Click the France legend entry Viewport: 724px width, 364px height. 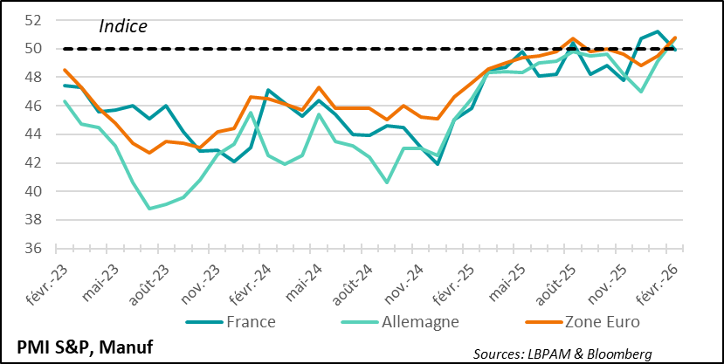[249, 322]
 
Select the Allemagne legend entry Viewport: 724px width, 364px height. [411, 322]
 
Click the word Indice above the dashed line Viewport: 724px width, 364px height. [123, 26]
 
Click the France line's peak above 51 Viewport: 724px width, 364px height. [658, 31]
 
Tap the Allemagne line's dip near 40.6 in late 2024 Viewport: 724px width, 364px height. [387, 182]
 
